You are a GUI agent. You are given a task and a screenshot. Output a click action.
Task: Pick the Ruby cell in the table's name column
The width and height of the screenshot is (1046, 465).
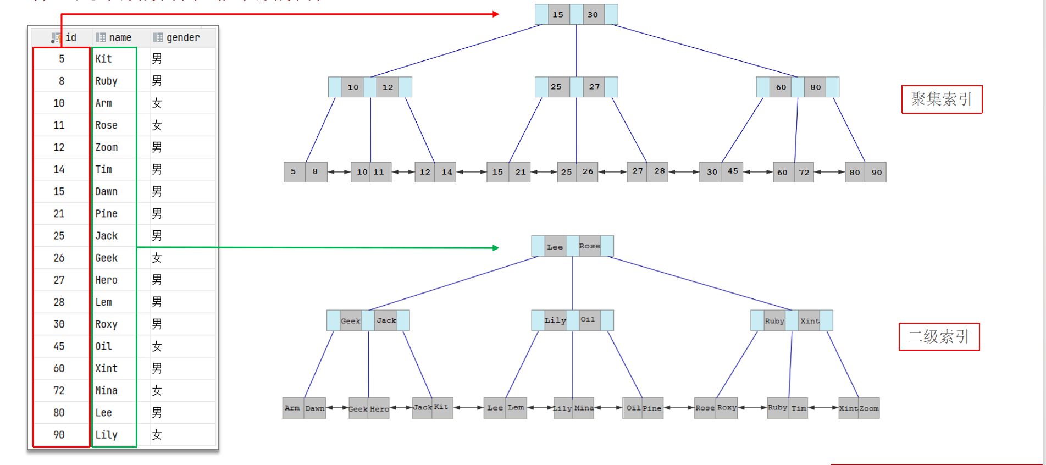click(106, 81)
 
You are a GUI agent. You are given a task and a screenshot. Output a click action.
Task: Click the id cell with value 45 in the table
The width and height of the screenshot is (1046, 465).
click(59, 346)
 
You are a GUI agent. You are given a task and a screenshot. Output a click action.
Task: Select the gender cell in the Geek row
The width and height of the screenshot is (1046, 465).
click(157, 258)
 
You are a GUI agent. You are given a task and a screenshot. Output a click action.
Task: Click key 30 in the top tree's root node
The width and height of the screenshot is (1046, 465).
click(593, 15)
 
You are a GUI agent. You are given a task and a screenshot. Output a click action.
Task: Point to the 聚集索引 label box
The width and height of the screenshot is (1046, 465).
click(942, 99)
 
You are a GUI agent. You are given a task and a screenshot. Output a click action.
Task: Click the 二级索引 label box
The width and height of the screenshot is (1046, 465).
click(939, 336)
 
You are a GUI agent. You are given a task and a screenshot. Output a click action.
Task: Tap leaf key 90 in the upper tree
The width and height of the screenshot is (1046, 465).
click(876, 172)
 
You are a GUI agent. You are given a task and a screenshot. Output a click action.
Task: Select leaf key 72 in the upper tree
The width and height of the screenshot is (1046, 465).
click(804, 172)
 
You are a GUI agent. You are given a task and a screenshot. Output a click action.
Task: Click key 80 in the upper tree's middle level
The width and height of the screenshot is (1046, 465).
click(816, 87)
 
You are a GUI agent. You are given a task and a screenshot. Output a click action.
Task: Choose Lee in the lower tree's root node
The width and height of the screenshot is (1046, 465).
click(555, 247)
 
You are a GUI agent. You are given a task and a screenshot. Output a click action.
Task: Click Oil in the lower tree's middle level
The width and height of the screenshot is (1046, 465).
click(588, 320)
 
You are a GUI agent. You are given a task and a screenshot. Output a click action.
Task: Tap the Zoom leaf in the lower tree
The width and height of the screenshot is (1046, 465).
click(869, 408)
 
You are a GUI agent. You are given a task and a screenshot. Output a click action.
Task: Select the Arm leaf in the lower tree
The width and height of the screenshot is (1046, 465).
click(292, 408)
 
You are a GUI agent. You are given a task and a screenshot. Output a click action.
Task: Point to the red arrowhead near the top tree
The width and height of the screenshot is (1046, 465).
click(496, 14)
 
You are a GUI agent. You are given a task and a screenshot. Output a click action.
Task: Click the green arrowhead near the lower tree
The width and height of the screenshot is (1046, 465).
click(496, 248)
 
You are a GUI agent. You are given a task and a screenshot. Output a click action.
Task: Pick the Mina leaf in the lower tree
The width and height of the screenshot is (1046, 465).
click(584, 408)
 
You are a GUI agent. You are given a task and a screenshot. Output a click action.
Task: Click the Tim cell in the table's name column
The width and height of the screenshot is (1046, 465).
click(103, 169)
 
